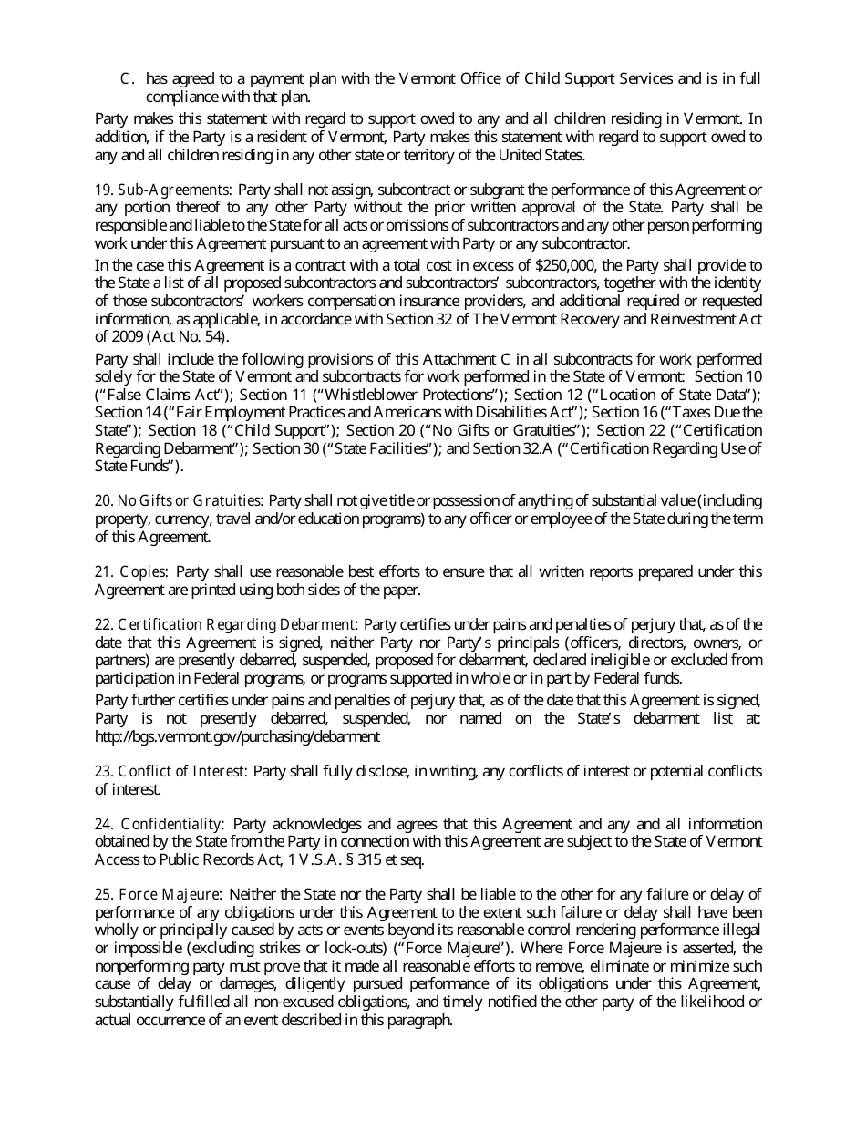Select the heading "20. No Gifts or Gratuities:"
tap(180, 500)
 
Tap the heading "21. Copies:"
tap(131, 571)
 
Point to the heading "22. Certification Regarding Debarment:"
tap(227, 624)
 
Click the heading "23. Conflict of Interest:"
tap(171, 771)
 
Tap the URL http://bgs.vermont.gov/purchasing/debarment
tap(238, 736)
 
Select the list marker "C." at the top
tap(128, 78)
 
